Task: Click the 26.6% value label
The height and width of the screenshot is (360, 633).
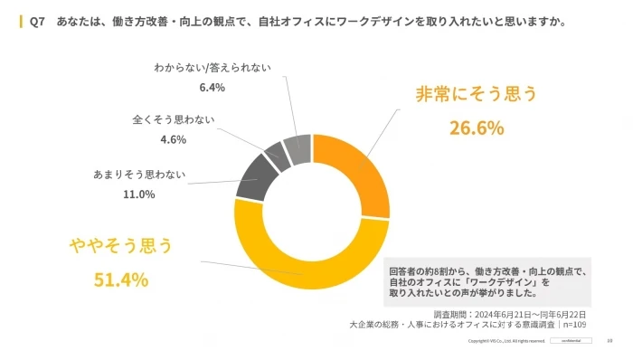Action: pos(477,128)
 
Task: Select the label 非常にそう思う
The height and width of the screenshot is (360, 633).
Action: pos(477,94)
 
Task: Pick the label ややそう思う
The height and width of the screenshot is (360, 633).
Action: pos(121,245)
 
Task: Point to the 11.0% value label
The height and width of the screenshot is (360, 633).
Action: pos(139,194)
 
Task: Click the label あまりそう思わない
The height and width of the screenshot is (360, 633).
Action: pos(137,174)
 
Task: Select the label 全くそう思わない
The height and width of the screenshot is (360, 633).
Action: pos(171,119)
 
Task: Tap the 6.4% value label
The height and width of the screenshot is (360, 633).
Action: pos(211,88)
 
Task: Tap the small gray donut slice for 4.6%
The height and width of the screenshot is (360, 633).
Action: pos(275,151)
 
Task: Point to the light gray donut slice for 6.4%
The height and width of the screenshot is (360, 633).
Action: pos(298,145)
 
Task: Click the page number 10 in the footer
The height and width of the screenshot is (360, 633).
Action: pos(609,341)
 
